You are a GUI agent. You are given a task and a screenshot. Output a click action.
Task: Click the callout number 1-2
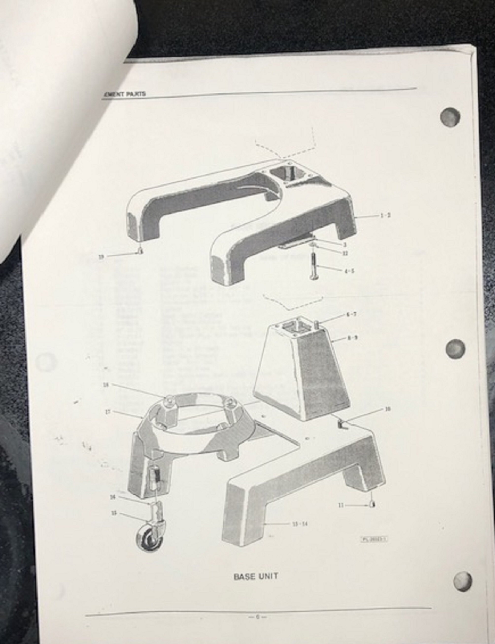tap(385, 216)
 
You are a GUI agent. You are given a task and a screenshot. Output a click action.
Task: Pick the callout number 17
tap(108, 412)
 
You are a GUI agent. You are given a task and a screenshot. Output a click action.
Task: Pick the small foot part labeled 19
tap(140, 250)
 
